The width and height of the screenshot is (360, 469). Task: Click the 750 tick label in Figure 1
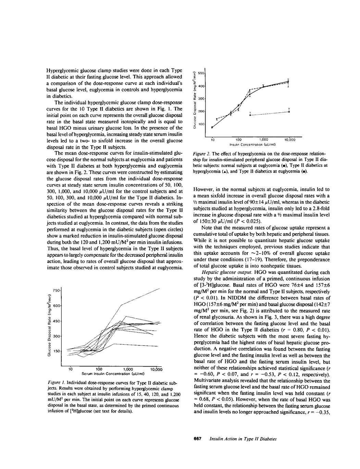56,290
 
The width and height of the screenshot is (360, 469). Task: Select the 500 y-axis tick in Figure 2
201,74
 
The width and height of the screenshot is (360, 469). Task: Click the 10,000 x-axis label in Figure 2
289,140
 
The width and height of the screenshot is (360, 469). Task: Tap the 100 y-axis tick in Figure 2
201,124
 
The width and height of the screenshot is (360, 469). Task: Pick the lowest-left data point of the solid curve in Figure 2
212,127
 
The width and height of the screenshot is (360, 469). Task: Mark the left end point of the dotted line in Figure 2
251,115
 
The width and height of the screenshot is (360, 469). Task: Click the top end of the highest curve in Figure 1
160,289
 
